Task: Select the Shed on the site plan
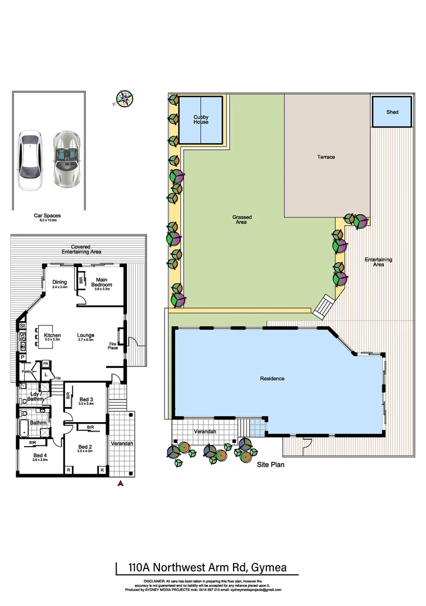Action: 392,112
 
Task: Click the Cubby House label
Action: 201,120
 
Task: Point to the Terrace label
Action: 326,157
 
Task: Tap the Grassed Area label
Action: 242,219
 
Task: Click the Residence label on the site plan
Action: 272,379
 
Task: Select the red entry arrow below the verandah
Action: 119,484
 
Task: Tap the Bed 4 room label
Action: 39,455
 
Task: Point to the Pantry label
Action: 25,371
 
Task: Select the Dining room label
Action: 59,282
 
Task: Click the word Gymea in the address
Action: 268,567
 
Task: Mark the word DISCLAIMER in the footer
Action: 155,581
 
